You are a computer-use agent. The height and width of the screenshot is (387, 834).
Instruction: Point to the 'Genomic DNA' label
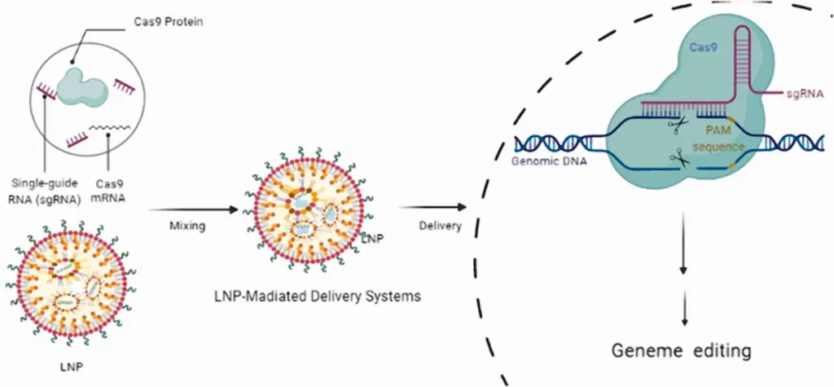(544, 161)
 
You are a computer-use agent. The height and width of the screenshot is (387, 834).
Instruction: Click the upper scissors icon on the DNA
(675, 123)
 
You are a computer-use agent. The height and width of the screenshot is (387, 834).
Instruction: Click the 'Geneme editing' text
(680, 352)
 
